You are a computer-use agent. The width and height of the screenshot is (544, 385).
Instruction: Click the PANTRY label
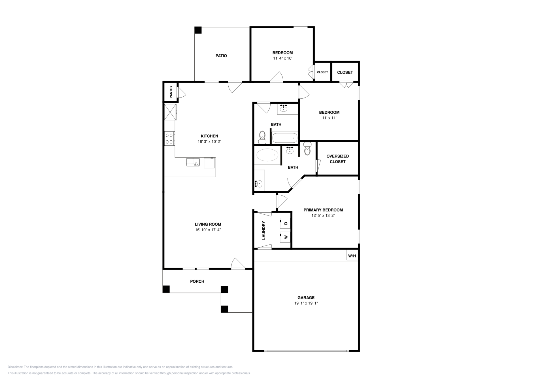click(x=171, y=92)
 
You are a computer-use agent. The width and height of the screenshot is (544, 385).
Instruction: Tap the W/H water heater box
click(x=352, y=256)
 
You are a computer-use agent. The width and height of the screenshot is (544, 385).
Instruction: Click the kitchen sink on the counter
click(x=193, y=162)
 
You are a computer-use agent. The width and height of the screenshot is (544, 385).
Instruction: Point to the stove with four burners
click(x=169, y=139)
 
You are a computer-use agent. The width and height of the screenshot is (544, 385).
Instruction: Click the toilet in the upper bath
click(x=262, y=137)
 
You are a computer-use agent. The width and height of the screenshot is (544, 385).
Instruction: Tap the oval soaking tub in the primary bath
click(x=267, y=155)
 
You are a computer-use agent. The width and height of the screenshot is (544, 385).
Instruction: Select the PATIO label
click(x=221, y=56)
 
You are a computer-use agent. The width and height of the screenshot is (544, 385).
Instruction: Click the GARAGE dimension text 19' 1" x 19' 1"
click(x=306, y=303)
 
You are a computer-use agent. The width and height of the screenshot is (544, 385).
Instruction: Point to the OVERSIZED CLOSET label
click(x=338, y=159)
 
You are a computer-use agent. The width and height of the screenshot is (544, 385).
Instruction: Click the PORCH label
click(x=197, y=282)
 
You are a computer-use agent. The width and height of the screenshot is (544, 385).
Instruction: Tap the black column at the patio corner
click(x=198, y=30)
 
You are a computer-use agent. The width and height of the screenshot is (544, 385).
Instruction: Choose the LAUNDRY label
click(x=263, y=230)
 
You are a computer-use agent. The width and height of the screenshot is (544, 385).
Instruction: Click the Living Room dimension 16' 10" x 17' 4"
click(x=208, y=230)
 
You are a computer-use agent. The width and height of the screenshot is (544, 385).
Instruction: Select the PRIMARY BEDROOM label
click(x=323, y=210)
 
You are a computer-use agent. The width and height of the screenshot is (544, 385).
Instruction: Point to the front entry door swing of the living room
click(x=238, y=263)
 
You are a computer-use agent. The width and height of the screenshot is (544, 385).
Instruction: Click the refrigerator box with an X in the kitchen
click(x=170, y=112)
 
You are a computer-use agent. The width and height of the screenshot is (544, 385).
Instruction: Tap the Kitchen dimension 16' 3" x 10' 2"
click(x=209, y=141)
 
